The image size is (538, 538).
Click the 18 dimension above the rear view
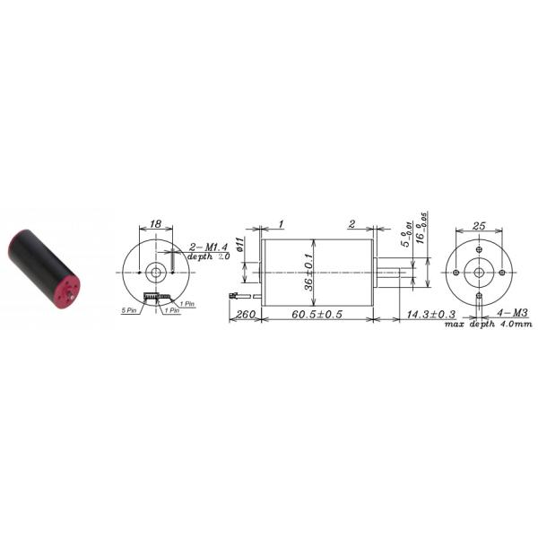coord(155,224)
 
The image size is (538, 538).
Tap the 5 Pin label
coord(128,310)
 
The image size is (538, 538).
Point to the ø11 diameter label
coord(240,246)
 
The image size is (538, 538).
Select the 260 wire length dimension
coord(243,315)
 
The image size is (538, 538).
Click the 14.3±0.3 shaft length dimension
coord(430,315)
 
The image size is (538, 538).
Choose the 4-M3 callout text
coord(513,314)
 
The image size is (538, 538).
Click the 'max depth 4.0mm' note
coord(489,324)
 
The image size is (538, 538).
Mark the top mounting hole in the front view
coord(479,249)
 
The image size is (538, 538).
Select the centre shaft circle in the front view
coord(479,272)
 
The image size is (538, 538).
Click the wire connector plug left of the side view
coord(235,294)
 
